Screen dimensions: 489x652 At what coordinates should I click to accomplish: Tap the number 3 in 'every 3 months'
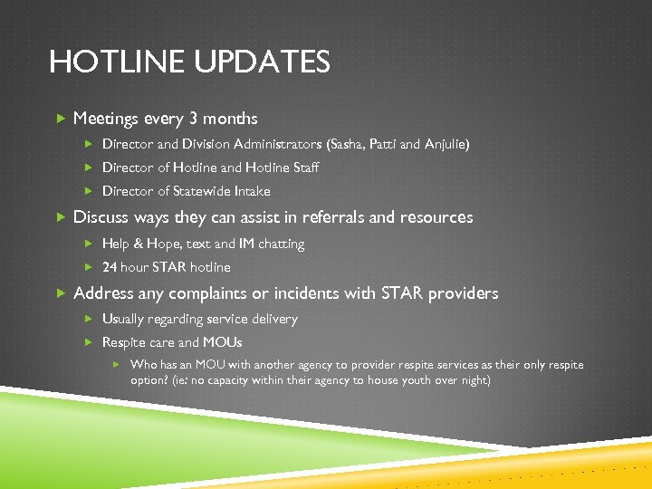[x=193, y=119]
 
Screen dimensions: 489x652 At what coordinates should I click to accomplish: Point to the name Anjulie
[x=446, y=144]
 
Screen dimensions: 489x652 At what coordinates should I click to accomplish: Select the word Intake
[x=253, y=191]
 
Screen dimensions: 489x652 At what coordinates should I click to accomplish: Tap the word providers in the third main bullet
[x=463, y=293]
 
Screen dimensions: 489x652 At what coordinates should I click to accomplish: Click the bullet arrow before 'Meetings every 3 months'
[x=60, y=119]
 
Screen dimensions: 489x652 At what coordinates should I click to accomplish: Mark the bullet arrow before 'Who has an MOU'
[x=116, y=364]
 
